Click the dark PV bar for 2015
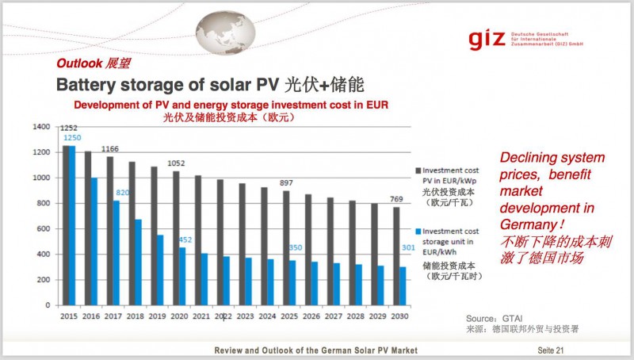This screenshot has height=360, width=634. click(x=66, y=226)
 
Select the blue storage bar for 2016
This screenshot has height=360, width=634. click(x=94, y=242)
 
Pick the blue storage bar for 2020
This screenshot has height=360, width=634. click(x=183, y=277)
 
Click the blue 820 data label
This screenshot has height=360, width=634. click(x=122, y=193)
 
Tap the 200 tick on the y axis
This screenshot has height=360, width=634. click(x=42, y=280)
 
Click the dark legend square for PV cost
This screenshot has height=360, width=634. click(x=418, y=170)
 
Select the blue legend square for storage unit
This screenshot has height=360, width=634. click(x=418, y=231)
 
